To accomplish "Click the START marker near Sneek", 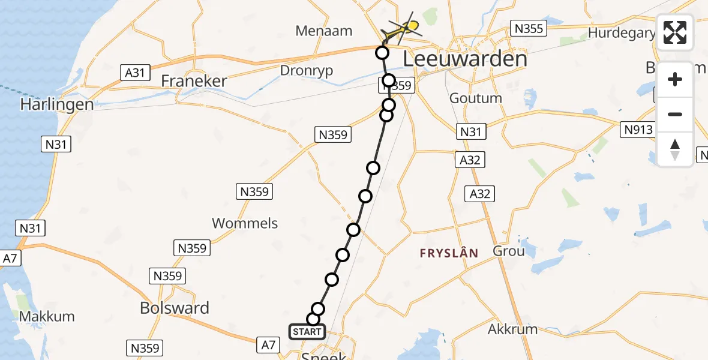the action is tap(307, 332).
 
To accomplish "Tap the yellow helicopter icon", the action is tap(404, 28).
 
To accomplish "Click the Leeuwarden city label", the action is tap(465, 59).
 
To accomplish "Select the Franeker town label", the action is tap(194, 81).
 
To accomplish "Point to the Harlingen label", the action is tap(49, 104).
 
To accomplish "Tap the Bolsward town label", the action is tap(175, 308).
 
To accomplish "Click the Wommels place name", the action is tap(245, 223).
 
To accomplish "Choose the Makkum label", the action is tap(47, 316).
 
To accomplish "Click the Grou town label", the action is tap(508, 251).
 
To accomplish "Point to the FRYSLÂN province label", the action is tap(449, 253).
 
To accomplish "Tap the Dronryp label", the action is tap(306, 70).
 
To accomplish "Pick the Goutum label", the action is tap(475, 98).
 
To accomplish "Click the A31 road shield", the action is tap(134, 73).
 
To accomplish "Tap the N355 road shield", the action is tap(527, 28).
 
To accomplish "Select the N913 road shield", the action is tap(636, 130).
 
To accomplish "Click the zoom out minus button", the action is tap(675, 114).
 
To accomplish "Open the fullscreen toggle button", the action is tap(675, 32).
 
